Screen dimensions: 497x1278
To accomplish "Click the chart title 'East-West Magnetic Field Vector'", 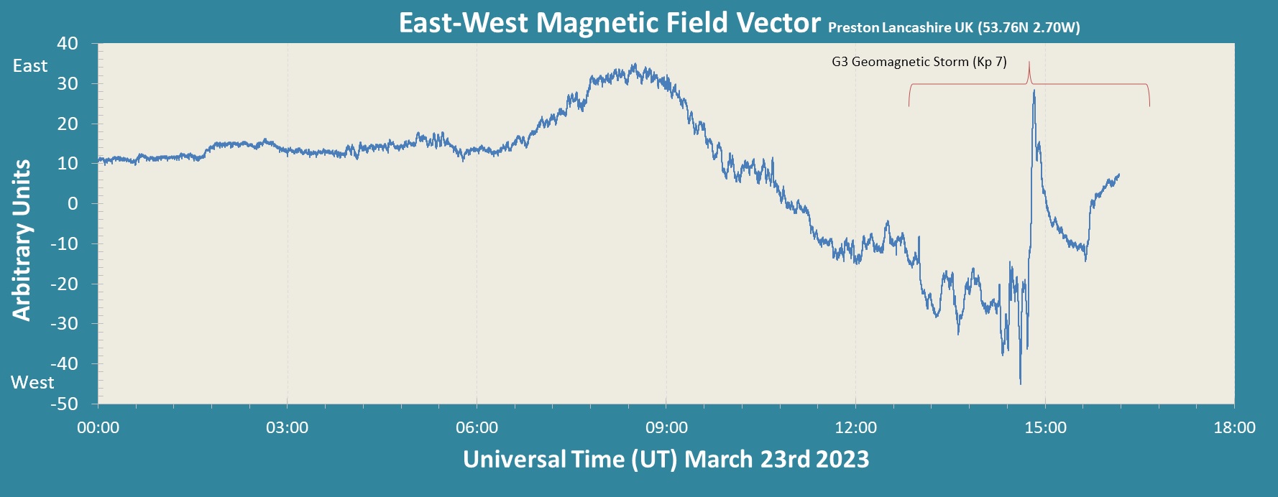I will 610,23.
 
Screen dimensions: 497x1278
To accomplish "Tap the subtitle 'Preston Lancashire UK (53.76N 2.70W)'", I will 954,28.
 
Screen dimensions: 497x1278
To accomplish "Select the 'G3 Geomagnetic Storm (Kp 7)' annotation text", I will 919,62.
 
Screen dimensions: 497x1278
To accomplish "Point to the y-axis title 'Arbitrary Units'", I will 22,240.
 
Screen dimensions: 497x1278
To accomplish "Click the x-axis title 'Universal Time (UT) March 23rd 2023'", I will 666,459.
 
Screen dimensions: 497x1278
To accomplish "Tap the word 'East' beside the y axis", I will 30,66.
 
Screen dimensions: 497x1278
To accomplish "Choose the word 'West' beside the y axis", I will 32,382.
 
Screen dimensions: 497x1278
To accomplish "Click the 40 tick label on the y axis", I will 68,44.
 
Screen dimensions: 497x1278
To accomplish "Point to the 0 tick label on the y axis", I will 73,204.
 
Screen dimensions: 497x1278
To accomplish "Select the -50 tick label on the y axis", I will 64,404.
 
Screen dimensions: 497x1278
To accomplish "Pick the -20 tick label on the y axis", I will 64,284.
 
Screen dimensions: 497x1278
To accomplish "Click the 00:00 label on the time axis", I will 98,428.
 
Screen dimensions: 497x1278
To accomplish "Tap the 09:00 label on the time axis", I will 666,428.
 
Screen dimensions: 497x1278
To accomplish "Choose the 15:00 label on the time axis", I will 1045,428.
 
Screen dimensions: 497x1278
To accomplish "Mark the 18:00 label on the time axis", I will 1234,428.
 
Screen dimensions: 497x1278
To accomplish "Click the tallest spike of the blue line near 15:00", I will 1034,91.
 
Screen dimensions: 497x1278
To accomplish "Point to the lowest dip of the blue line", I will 1020,383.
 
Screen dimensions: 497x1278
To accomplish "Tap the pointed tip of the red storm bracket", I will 1029,62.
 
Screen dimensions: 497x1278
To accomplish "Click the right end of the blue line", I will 1118,175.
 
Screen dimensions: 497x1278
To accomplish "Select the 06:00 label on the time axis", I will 477,428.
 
